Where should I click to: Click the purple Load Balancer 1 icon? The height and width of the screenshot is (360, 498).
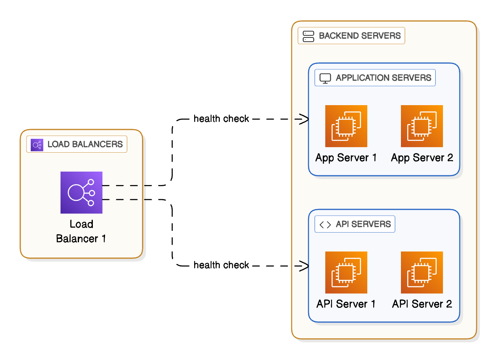coord(82,193)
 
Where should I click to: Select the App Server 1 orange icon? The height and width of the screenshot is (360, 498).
coord(346,126)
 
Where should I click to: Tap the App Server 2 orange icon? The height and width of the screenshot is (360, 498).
coord(422,126)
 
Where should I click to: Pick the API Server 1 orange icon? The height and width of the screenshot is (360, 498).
coord(346,273)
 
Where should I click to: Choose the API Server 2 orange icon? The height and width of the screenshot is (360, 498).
coord(422,273)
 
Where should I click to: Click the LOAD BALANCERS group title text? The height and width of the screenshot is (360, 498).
coord(85,145)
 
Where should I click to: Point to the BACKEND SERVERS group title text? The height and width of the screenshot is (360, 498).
coord(360,36)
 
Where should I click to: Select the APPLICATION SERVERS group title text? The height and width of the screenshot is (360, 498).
coord(383,78)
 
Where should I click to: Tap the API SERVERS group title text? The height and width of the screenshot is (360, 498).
coord(363,224)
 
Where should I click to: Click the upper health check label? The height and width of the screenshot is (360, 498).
coord(221,119)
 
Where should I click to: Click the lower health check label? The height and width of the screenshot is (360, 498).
coord(221,265)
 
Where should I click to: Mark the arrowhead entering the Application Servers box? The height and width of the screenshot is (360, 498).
coord(306,119)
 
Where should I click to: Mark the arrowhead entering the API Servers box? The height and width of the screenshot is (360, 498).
coord(306,265)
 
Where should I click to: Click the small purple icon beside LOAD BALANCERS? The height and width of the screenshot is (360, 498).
coord(37,145)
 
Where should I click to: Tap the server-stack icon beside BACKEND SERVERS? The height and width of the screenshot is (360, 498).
coord(308,36)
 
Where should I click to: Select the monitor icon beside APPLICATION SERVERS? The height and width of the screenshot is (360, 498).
coord(325,78)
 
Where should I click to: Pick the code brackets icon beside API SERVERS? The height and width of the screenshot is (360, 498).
coord(325,225)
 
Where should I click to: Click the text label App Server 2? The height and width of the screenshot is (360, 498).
coord(422,158)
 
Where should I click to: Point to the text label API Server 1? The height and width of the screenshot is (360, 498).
coord(346,304)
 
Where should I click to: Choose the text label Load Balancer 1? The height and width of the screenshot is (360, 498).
coord(81,231)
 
